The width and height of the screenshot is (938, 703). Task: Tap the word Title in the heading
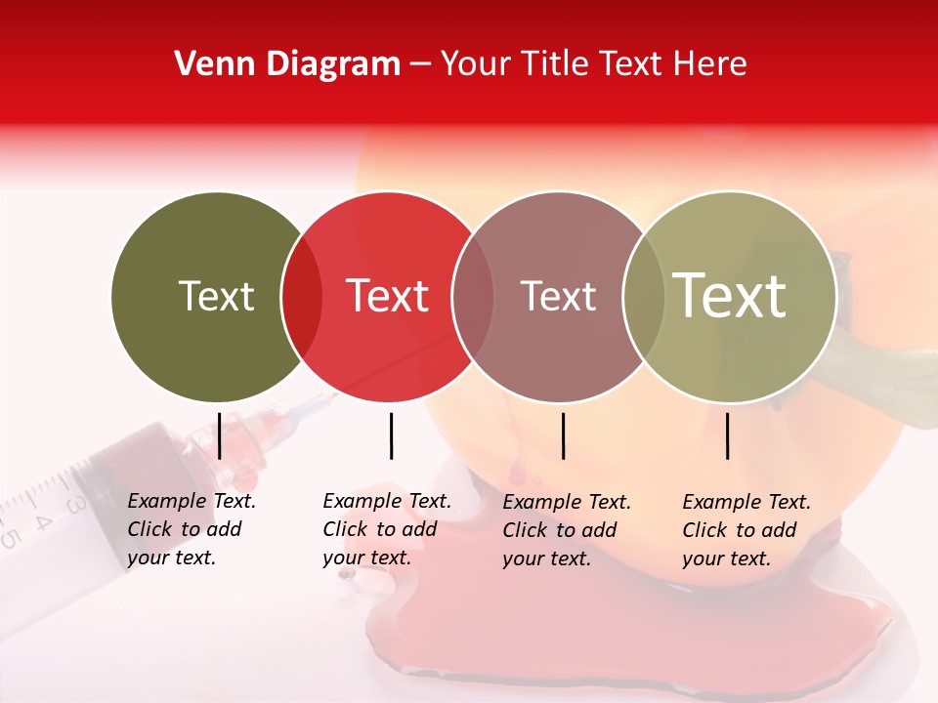pos(556,64)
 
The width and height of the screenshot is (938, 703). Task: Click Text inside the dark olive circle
pos(216,296)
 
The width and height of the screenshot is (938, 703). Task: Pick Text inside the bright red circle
pos(388,296)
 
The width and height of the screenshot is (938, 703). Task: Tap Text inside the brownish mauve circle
pos(558,296)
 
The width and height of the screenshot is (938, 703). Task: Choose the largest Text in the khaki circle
pos(731,295)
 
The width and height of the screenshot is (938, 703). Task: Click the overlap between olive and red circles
pos(302,296)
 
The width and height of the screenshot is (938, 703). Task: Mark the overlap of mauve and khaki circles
pos(644,296)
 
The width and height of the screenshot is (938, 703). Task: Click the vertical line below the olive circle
pos(219,435)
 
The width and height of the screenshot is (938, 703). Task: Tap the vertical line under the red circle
pos(391,435)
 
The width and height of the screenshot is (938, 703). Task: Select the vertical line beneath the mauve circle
pos(563,435)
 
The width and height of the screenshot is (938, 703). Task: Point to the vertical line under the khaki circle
pos(727,435)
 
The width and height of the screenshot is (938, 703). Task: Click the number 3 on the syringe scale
pos(74,504)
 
